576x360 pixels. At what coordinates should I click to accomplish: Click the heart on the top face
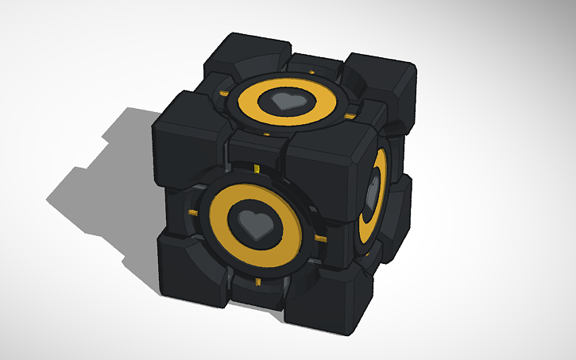[x=284, y=101]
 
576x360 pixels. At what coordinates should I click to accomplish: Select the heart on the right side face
[x=372, y=193]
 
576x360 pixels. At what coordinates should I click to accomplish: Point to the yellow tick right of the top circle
[x=347, y=118]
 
